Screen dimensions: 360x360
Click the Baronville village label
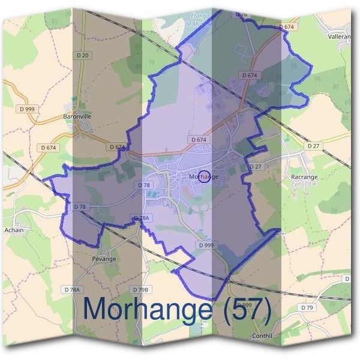pyautogui.click(x=76, y=116)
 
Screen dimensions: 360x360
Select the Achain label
pyautogui.click(x=13, y=229)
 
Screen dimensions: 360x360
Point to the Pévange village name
pyautogui.click(x=104, y=259)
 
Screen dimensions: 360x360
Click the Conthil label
pyautogui.click(x=263, y=336)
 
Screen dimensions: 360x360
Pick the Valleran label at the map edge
pyautogui.click(x=340, y=36)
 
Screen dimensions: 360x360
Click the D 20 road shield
pyautogui.click(x=83, y=56)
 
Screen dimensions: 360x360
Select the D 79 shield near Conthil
pyautogui.click(x=307, y=308)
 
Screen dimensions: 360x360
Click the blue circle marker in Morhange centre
pyautogui.click(x=203, y=176)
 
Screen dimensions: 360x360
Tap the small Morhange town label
pyautogui.click(x=203, y=177)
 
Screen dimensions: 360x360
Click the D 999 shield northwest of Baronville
pyautogui.click(x=27, y=109)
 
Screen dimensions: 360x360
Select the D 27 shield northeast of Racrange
pyautogui.click(x=313, y=146)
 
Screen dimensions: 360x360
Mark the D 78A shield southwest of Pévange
pyautogui.click(x=71, y=290)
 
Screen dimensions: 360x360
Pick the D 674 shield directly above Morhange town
pyautogui.click(x=198, y=140)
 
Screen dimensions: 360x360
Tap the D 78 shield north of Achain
pyautogui.click(x=79, y=206)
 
